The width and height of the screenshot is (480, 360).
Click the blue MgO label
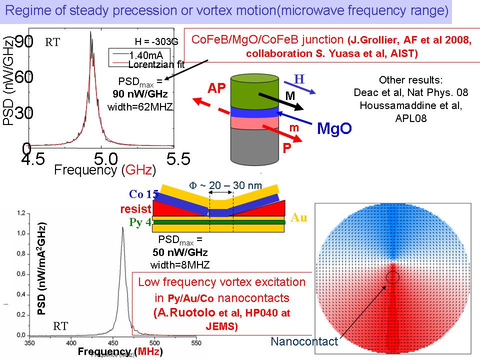pos(335,128)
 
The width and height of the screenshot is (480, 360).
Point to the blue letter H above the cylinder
pos(299,79)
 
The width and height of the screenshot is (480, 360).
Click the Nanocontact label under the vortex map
pos(304,342)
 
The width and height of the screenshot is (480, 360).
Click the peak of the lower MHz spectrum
pos(122,228)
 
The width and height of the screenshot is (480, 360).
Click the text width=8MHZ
pos(180,264)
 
